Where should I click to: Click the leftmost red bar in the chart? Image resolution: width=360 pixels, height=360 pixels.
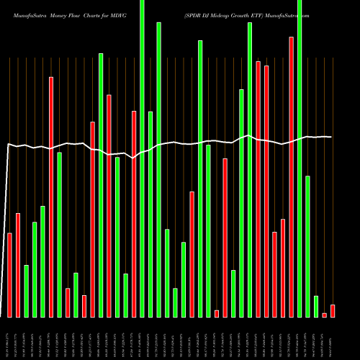(x=9, y=275)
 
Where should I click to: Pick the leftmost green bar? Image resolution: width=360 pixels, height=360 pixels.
(x=26, y=291)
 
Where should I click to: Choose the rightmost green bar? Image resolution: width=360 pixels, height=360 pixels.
(x=316, y=306)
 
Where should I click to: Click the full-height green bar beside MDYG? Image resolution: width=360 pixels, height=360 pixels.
(x=142, y=158)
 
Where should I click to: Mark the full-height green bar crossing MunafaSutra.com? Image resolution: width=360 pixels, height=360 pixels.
(x=300, y=158)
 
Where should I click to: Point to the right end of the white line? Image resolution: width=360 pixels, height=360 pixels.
(x=331, y=137)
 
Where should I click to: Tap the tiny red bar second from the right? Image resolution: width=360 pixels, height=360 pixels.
(x=325, y=315)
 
